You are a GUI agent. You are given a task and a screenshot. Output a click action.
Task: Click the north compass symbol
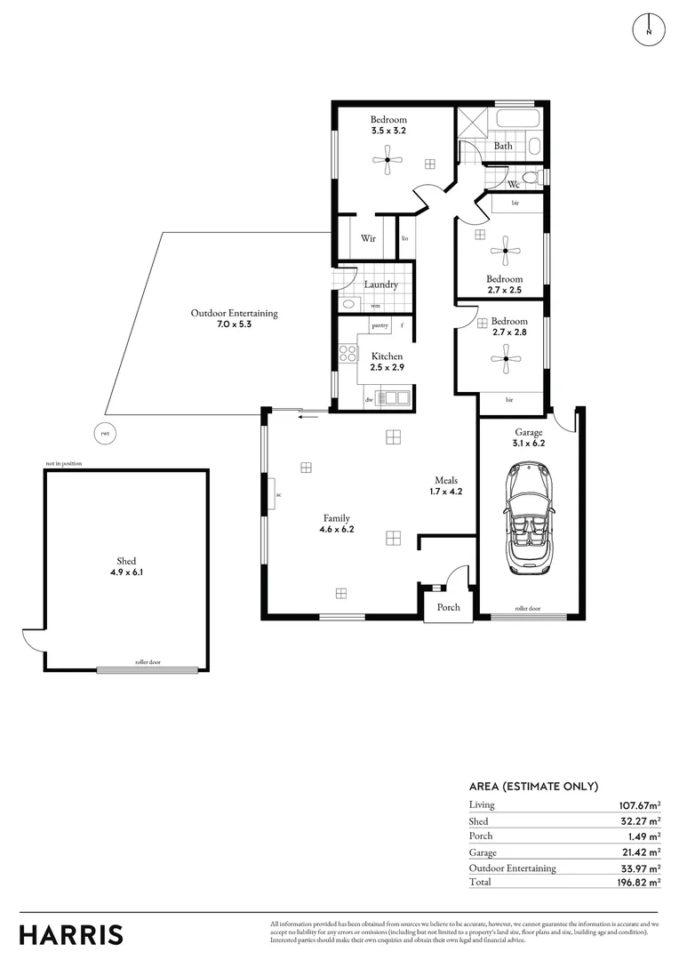649,29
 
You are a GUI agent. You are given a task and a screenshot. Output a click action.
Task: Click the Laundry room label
380,284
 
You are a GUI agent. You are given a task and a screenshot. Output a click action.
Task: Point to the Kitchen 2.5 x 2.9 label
387,362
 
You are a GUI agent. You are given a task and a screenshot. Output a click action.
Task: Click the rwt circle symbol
105,434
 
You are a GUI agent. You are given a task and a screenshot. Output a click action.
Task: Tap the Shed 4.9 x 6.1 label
126,567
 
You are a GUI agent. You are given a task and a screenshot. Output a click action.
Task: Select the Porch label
448,607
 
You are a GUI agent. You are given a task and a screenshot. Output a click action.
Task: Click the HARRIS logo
71,934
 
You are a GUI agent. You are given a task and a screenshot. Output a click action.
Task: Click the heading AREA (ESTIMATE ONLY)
533,787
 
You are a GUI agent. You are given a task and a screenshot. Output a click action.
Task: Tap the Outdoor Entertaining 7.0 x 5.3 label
234,318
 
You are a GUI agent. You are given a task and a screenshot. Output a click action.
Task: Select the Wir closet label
368,238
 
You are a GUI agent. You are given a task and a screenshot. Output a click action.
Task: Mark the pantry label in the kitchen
380,326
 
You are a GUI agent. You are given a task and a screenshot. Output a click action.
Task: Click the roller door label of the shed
148,662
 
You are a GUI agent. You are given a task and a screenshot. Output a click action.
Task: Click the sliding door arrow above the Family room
308,416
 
